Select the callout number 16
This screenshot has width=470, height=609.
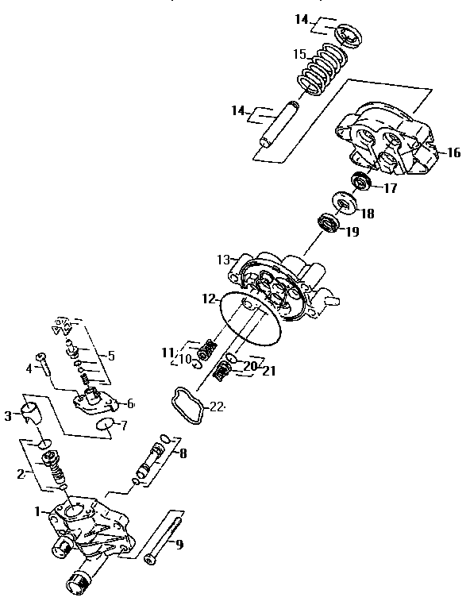[453, 152]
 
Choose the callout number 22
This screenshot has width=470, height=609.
[218, 407]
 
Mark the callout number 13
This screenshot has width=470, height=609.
[223, 260]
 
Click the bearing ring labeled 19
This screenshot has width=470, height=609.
[329, 223]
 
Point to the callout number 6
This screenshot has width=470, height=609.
[130, 404]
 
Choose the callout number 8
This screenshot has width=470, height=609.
[183, 455]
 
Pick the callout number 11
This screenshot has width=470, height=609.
[167, 352]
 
